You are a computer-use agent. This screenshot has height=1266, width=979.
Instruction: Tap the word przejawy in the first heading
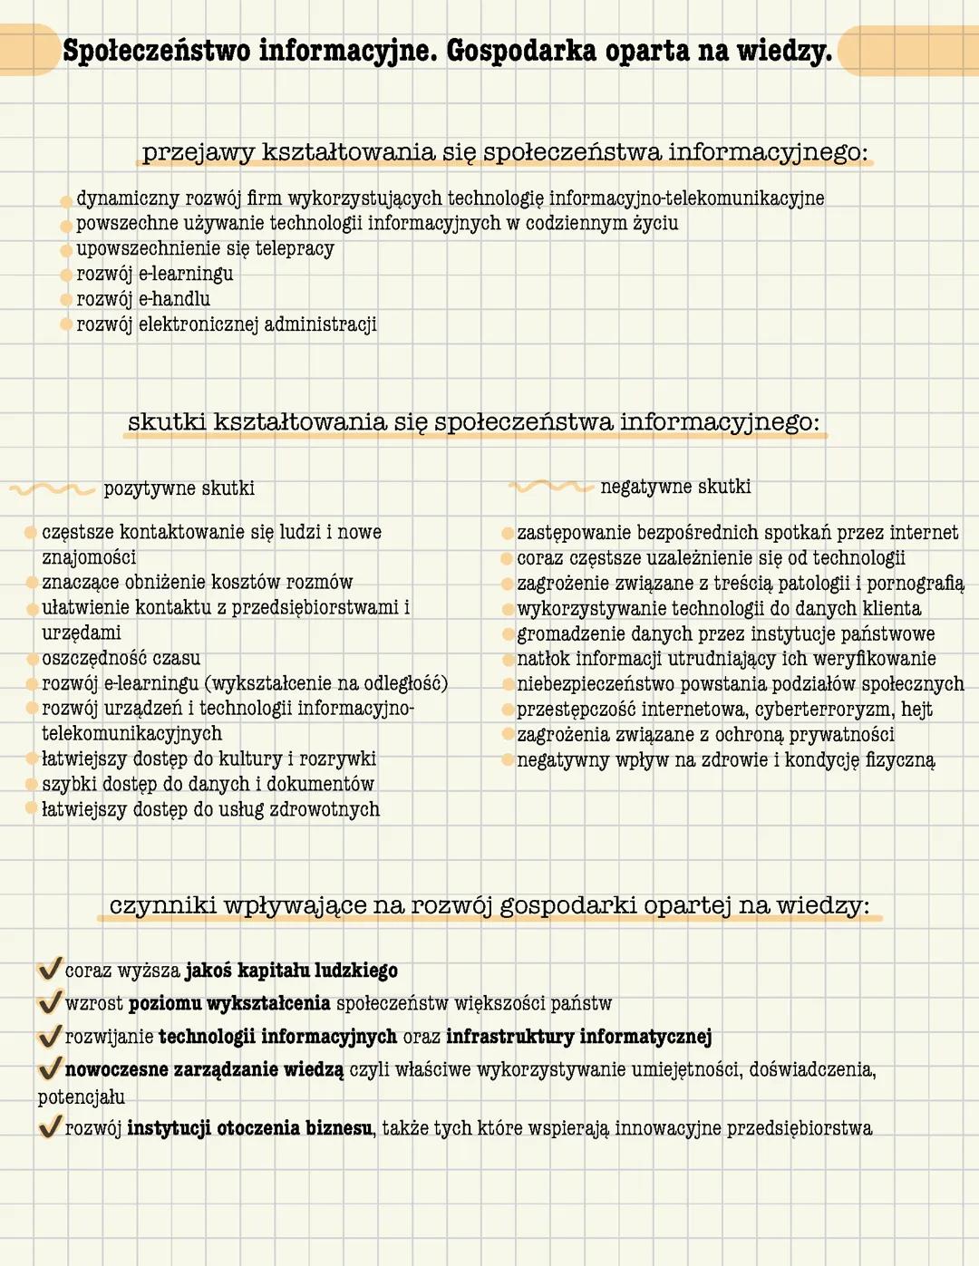[x=198, y=152]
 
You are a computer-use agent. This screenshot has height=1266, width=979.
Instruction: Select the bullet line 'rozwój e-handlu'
[x=143, y=299]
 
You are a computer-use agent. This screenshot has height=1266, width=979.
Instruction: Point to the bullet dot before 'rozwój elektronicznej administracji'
[x=66, y=324]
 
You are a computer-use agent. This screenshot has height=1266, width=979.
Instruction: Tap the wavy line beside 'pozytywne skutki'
[x=53, y=489]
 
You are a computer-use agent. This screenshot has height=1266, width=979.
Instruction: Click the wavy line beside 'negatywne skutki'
[x=550, y=487]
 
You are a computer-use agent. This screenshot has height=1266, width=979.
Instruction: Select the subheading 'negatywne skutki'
[x=675, y=487]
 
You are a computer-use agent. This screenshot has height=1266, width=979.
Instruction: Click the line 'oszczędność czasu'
[x=121, y=658]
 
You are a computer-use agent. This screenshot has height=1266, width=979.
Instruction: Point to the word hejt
[x=916, y=709]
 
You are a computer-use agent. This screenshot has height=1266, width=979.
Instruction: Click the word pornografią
[x=915, y=583]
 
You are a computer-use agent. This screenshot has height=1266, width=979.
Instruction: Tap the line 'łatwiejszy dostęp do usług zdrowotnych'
[x=210, y=809]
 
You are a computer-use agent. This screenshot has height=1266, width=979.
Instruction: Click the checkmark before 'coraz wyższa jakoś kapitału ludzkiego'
[x=50, y=969]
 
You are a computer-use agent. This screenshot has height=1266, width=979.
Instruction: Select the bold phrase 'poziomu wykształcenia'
[x=229, y=1003]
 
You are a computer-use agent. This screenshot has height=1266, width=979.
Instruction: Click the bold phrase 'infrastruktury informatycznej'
[x=578, y=1036]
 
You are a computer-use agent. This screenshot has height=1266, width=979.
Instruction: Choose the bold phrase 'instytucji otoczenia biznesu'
[x=249, y=1128]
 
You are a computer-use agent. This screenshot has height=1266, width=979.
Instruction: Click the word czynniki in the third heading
[x=162, y=905]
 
